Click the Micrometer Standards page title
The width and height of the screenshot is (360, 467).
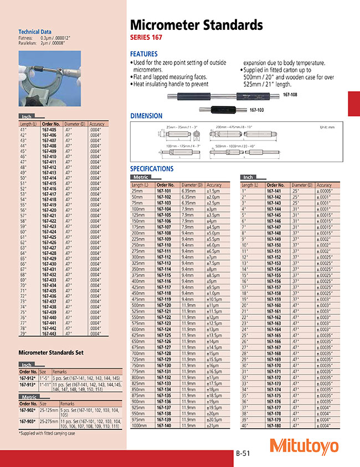(196, 25)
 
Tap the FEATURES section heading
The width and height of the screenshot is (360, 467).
(143, 54)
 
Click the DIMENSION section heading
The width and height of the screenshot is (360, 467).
(146, 116)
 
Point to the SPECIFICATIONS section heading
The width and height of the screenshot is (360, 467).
(151, 169)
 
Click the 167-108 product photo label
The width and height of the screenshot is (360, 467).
(290, 95)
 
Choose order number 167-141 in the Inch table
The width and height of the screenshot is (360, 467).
(274, 191)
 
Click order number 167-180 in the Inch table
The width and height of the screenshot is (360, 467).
(274, 410)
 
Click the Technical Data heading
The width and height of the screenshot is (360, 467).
(35, 32)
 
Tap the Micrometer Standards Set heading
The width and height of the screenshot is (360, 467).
(51, 352)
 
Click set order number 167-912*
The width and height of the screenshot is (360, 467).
(28, 378)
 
